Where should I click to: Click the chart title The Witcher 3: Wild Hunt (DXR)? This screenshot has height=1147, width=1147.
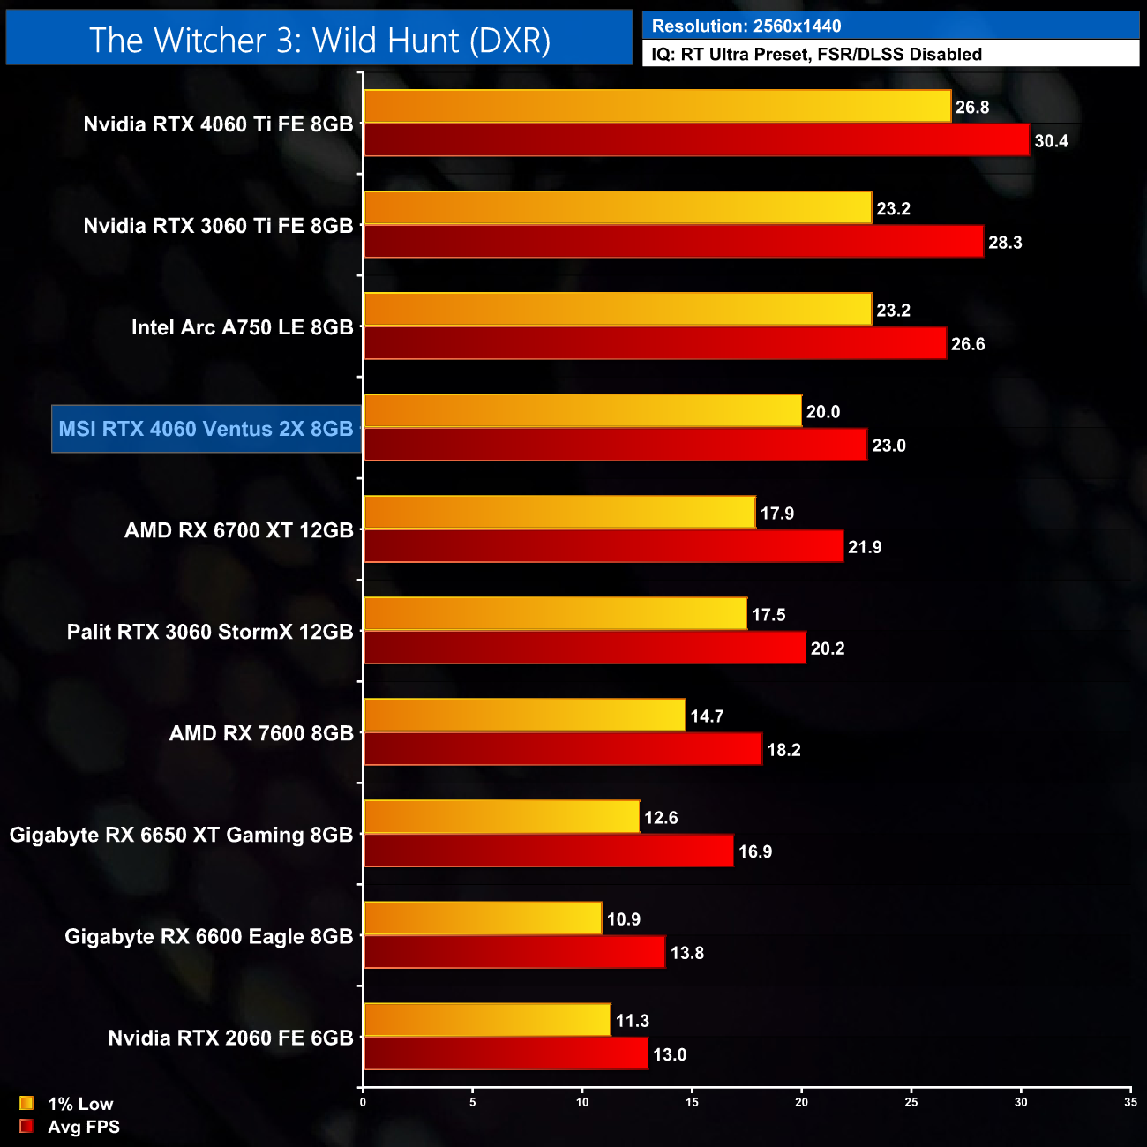(319, 41)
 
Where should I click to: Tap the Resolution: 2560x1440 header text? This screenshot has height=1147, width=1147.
(746, 26)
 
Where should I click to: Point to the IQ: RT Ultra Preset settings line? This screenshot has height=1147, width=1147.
(816, 55)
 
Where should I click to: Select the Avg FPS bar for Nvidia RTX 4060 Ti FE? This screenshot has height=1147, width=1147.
(696, 140)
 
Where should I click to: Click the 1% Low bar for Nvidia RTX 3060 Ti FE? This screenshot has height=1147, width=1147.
(618, 208)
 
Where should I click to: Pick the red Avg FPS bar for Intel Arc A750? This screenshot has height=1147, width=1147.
(655, 343)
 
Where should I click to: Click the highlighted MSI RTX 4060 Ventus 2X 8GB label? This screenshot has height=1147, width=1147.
(206, 429)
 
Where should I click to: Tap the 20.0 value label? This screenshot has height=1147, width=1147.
(822, 412)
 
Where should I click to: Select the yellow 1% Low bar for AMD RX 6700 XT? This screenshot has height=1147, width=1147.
(559, 513)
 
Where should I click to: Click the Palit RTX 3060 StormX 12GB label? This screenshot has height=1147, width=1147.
(210, 632)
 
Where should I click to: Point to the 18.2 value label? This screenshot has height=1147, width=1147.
(783, 750)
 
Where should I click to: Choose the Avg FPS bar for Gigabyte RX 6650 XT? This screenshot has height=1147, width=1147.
(548, 851)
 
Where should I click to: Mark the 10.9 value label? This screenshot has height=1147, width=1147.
(623, 919)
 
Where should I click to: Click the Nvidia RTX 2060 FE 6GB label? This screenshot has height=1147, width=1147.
(230, 1038)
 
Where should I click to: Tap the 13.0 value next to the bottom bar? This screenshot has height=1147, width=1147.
(669, 1054)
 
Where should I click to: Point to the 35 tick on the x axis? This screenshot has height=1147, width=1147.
(1130, 1102)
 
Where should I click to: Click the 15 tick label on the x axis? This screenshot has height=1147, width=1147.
(692, 1102)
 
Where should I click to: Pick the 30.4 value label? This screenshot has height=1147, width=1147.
(1051, 141)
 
